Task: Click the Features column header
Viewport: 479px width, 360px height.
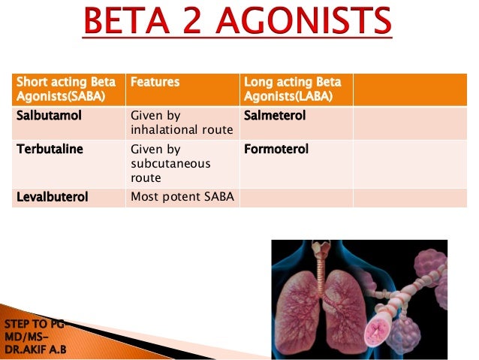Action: [155, 82]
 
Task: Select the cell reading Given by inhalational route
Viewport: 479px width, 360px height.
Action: [180, 123]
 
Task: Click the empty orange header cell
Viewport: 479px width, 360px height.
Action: [405, 89]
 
